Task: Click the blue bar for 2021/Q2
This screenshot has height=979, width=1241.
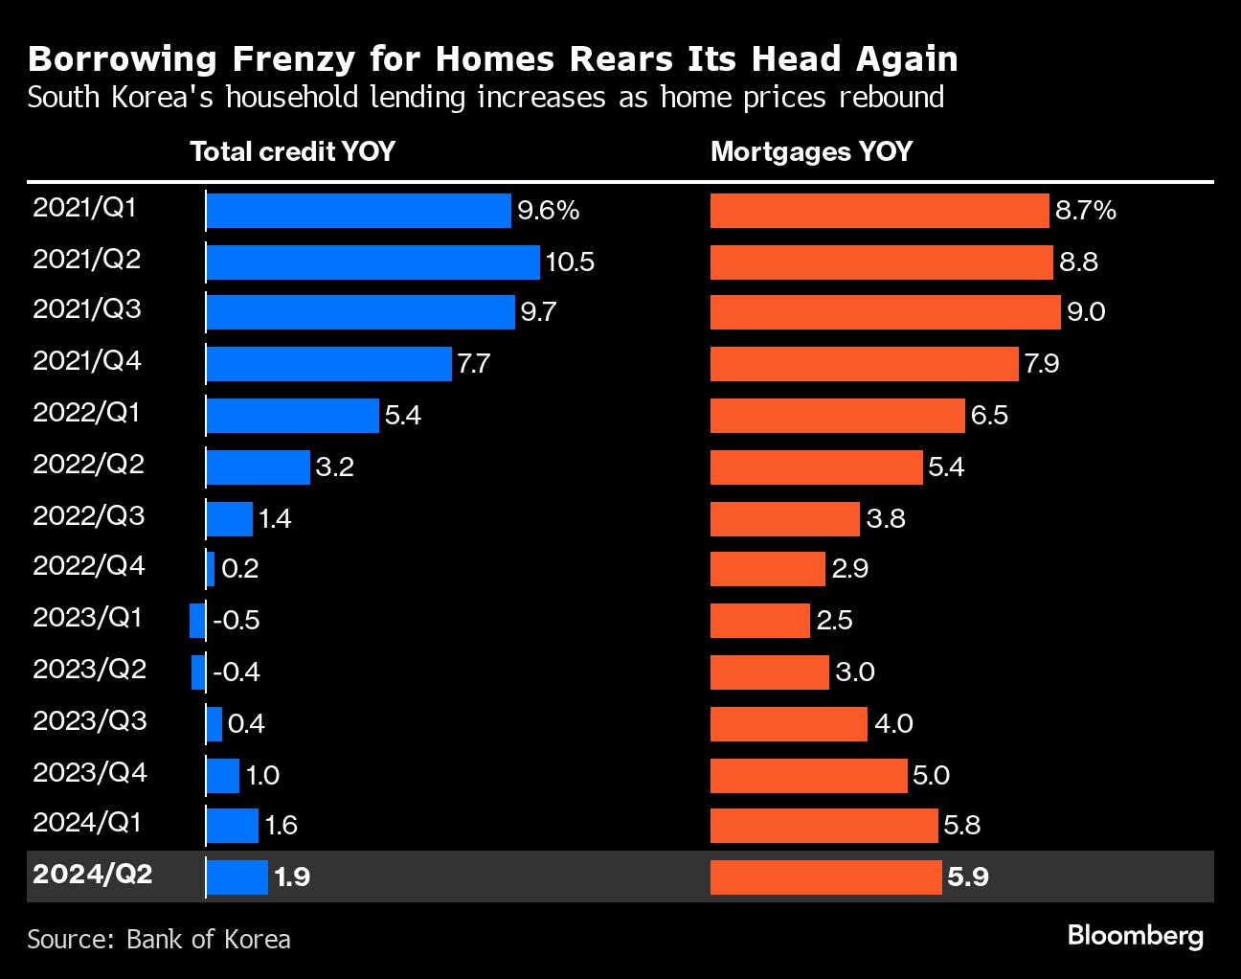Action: pyautogui.click(x=372, y=262)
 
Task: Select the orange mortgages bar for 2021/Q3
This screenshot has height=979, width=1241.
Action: pyautogui.click(x=885, y=312)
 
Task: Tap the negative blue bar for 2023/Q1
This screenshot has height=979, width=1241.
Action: pyautogui.click(x=197, y=621)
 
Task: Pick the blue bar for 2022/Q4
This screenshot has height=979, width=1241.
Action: pyautogui.click(x=211, y=569)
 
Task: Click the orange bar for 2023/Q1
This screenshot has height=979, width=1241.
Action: pyautogui.click(x=759, y=621)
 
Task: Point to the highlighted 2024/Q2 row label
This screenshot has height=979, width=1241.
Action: pyautogui.click(x=92, y=875)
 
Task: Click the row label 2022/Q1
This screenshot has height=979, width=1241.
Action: pyautogui.click(x=86, y=413)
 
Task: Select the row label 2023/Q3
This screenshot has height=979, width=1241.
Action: pyautogui.click(x=89, y=720)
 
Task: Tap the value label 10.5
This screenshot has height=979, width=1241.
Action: pyautogui.click(x=570, y=262)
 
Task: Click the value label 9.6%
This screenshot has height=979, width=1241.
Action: pyautogui.click(x=548, y=211)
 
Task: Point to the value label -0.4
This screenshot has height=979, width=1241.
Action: pyautogui.click(x=237, y=672)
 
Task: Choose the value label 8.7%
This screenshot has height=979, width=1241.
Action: pyautogui.click(x=1085, y=211)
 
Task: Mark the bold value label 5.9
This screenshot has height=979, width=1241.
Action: pyautogui.click(x=967, y=877)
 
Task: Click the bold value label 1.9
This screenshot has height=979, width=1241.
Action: pyautogui.click(x=291, y=877)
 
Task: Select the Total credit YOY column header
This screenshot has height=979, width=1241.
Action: pyautogui.click(x=292, y=151)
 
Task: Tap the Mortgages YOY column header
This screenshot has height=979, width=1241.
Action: pyautogui.click(x=811, y=151)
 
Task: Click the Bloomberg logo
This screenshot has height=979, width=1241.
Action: pyautogui.click(x=1135, y=935)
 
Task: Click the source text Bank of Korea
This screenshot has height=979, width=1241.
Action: pyautogui.click(x=208, y=939)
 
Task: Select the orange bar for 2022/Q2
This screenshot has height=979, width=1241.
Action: pyautogui.click(x=816, y=467)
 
